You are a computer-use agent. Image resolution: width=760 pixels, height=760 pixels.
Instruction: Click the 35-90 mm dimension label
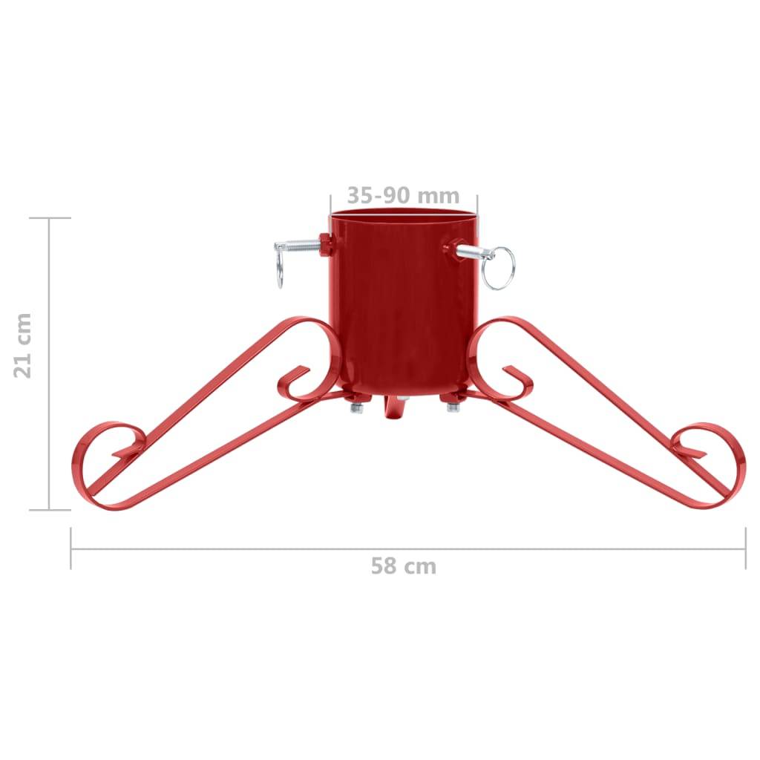click(x=403, y=195)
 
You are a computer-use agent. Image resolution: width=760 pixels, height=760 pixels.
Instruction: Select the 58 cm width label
click(x=403, y=566)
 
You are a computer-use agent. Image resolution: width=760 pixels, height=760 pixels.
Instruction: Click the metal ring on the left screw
click(x=279, y=269)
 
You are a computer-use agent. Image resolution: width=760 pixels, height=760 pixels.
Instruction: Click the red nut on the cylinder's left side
click(x=325, y=245)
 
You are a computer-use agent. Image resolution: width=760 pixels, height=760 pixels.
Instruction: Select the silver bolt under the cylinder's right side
click(x=452, y=405)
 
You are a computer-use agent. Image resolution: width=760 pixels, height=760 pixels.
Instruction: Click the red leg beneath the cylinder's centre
click(x=392, y=410)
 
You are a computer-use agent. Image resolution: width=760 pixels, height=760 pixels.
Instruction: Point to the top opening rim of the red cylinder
click(x=402, y=214)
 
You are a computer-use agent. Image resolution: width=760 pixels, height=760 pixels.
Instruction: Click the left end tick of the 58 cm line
click(x=71, y=548)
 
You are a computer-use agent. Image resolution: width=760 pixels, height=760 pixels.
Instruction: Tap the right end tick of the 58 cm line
click(x=745, y=548)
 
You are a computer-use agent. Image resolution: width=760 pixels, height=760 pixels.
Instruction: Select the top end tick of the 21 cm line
click(x=50, y=218)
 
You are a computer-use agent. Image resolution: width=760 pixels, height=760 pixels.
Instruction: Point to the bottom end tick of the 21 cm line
click(x=50, y=510)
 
